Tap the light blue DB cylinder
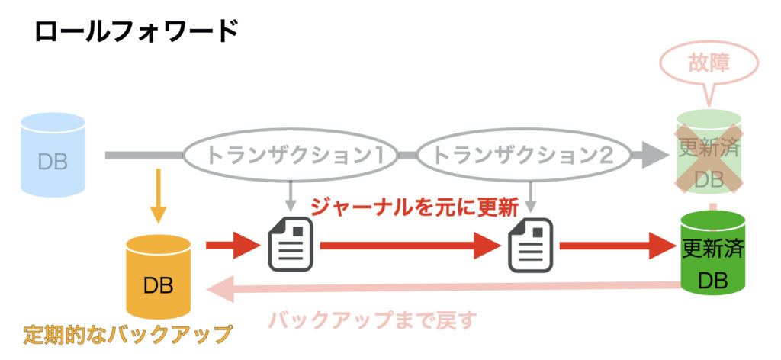(53, 155)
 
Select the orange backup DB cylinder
(159, 276)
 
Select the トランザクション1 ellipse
(291, 156)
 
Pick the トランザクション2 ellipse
(523, 156)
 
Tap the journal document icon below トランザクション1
(291, 245)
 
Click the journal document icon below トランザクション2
(531, 245)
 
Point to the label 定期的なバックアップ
(127, 334)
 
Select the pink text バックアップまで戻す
(372, 320)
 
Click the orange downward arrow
(158, 196)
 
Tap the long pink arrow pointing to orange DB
(443, 288)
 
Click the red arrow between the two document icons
(410, 246)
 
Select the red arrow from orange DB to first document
(233, 246)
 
